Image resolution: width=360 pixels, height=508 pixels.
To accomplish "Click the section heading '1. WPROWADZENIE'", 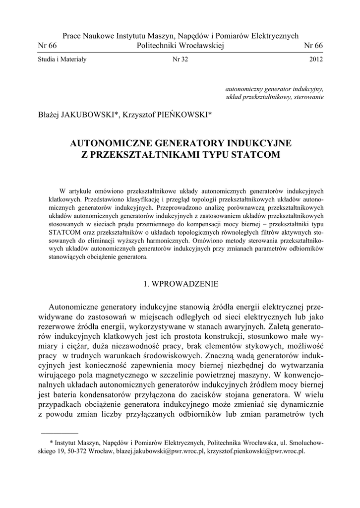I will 180,285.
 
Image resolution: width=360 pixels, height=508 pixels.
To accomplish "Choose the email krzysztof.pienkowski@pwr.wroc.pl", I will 255,452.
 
